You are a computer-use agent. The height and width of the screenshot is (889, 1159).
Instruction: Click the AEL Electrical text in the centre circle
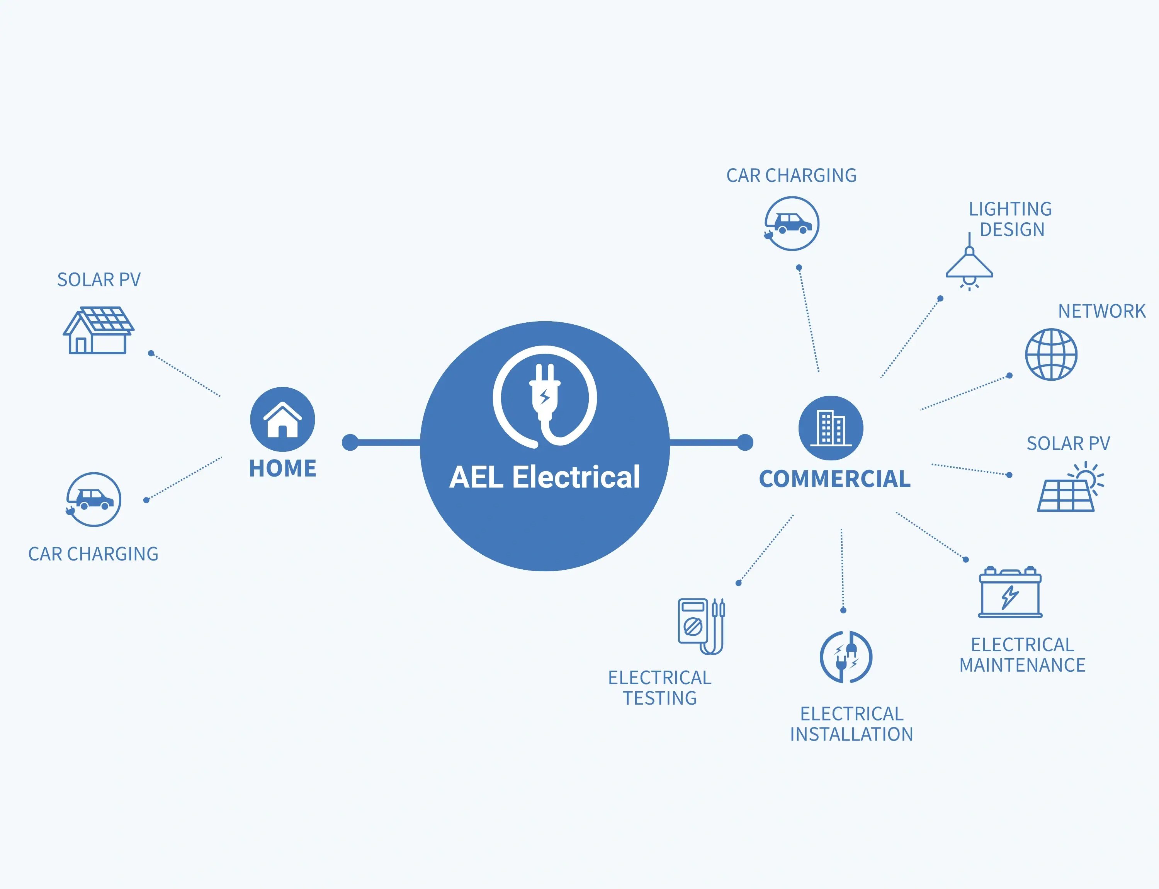tap(544, 477)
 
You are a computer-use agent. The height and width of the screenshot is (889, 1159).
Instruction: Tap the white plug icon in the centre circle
tap(545, 397)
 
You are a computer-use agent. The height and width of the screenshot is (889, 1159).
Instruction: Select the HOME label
tap(282, 468)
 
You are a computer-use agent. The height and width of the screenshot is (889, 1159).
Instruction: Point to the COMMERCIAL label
tap(835, 479)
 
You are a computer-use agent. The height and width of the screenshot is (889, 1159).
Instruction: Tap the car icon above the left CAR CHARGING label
tap(93, 499)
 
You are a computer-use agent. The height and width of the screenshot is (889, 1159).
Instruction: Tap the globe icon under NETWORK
tap(1051, 354)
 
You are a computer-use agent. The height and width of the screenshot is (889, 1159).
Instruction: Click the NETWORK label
tap(1101, 311)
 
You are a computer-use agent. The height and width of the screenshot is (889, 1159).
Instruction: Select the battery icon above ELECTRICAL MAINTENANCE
tap(1010, 593)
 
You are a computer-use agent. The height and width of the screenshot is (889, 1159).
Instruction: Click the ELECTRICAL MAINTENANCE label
tap(1022, 655)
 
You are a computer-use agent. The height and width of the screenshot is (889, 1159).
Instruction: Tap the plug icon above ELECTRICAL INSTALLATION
tap(846, 657)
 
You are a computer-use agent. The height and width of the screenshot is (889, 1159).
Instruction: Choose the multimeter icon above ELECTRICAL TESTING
tap(701, 627)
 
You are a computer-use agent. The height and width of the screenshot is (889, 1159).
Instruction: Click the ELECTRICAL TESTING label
tap(659, 688)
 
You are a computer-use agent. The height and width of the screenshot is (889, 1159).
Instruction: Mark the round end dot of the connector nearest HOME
tap(350, 443)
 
